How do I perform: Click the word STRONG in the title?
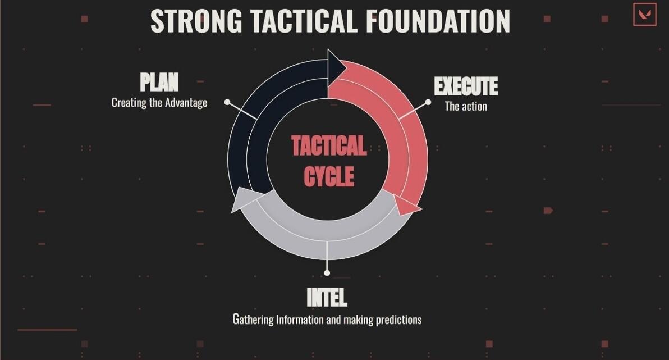coord(196,21)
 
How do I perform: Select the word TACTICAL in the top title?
coord(304,21)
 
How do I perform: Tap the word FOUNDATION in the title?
coord(438,21)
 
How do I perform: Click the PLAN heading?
coord(159,82)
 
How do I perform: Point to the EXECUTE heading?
coord(466,86)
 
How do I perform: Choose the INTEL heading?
coord(327,297)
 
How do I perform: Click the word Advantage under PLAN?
coord(186,103)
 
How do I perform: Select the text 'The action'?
coord(466,106)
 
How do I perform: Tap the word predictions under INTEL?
coord(398,320)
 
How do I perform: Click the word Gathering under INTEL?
coord(253,320)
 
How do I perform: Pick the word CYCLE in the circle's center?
coord(329,177)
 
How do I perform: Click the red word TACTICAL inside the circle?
coord(329,145)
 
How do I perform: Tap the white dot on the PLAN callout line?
coord(227,102)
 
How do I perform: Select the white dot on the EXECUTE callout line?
coord(428,102)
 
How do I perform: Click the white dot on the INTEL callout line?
coord(327,273)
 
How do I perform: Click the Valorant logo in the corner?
coord(645,15)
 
